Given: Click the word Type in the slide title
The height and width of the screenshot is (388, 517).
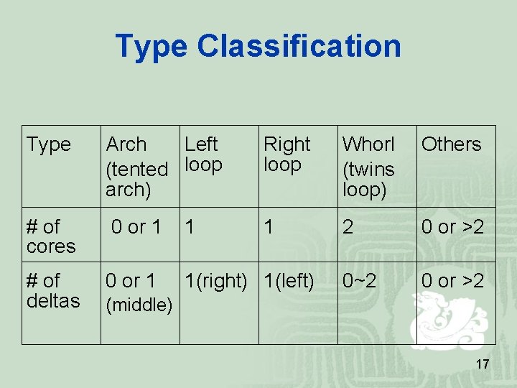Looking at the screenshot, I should (x=152, y=46).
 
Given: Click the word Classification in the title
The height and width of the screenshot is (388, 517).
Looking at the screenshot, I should (x=299, y=46).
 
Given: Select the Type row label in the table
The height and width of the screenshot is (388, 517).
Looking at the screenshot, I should (x=49, y=144).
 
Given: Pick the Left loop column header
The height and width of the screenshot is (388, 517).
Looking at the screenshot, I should (x=203, y=154).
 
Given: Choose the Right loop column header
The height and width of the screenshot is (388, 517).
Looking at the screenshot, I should (x=287, y=154).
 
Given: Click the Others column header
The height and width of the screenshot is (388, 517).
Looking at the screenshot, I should (x=451, y=144).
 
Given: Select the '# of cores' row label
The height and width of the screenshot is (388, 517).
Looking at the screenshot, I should (x=50, y=236).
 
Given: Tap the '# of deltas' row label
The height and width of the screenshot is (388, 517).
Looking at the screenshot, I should (x=52, y=290).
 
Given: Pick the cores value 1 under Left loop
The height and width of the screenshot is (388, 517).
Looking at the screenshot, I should (x=190, y=228).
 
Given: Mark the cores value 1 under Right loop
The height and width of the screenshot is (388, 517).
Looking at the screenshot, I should (x=269, y=228).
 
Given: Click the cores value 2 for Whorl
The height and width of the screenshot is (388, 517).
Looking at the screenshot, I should (x=348, y=228).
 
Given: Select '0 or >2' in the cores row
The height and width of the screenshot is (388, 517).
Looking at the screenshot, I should (x=452, y=228).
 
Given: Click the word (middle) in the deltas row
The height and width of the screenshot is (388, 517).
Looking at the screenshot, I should (x=139, y=305).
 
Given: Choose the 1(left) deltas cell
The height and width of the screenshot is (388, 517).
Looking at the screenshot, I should (x=289, y=281).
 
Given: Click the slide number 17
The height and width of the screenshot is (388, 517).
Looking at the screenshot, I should (x=483, y=365).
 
